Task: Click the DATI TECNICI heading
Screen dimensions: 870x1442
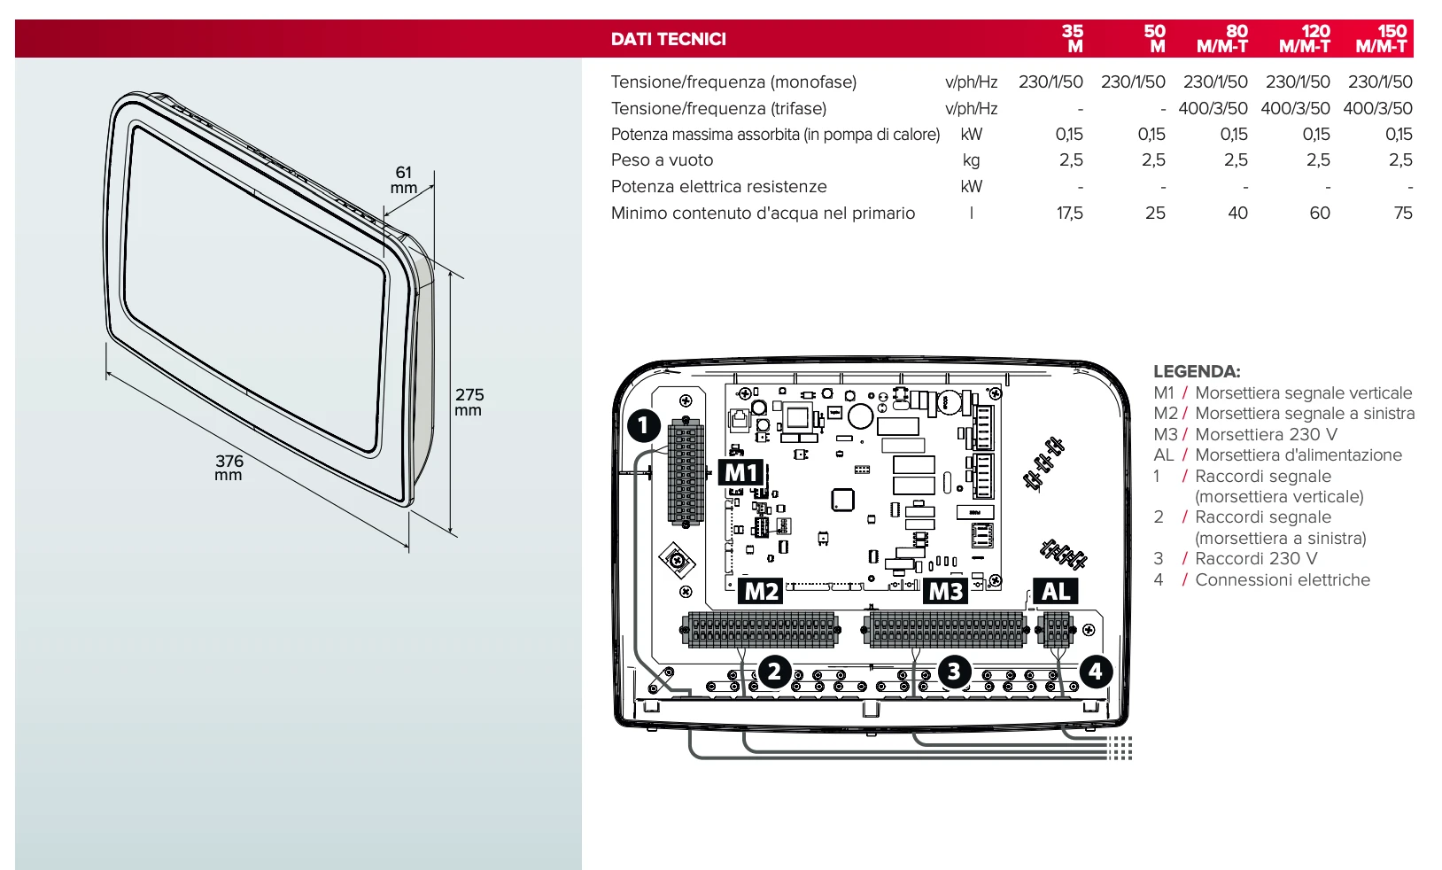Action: (668, 39)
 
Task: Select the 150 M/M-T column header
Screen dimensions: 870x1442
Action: (1382, 39)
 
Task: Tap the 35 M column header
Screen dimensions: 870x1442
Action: (1073, 39)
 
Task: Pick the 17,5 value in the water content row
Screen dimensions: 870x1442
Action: (1069, 214)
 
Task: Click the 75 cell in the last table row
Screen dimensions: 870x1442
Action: (1402, 214)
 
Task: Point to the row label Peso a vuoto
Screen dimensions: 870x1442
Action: (662, 160)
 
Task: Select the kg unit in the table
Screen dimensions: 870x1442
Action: (971, 160)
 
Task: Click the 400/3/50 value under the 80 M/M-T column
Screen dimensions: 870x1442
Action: (1213, 108)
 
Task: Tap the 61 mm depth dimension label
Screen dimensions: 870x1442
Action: (404, 180)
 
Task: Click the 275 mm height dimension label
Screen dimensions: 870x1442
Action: (469, 401)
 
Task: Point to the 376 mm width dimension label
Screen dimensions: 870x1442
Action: (229, 467)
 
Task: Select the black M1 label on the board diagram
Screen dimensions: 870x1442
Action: (740, 473)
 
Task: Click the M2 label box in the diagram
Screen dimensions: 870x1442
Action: (761, 591)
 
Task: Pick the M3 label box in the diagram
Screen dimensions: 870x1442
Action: (945, 591)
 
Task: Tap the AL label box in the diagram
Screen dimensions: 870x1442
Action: (1055, 591)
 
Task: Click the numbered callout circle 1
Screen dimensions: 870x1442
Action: (644, 426)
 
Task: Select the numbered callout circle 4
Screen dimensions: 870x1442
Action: (1095, 672)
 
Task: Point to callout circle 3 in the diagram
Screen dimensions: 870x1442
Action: (954, 672)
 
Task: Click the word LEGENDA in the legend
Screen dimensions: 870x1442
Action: (1196, 372)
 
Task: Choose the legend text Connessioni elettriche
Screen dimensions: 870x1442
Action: (1282, 580)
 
